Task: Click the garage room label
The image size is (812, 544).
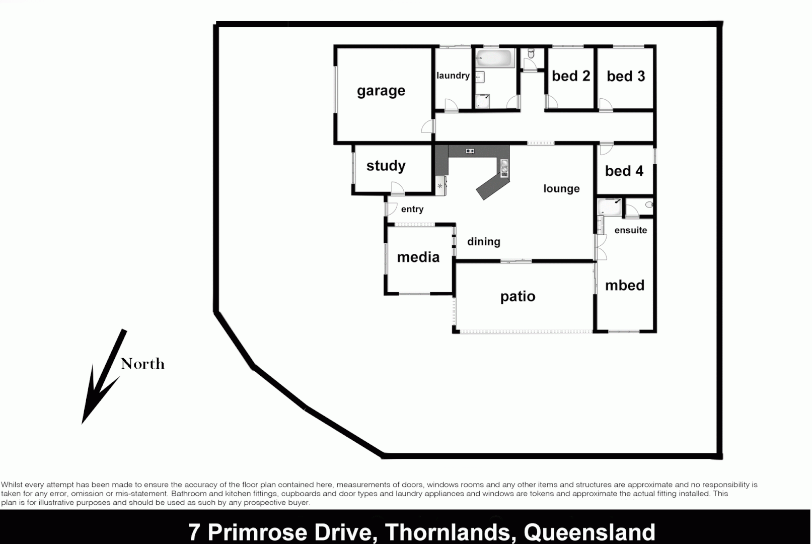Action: (381, 91)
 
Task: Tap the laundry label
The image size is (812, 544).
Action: (453, 76)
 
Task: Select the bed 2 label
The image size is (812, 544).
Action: (570, 76)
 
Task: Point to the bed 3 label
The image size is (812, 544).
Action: (625, 76)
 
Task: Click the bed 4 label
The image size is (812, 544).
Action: (624, 171)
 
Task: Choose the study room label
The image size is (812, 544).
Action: (386, 166)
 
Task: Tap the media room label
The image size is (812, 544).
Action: (418, 257)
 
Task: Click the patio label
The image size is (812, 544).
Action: (518, 297)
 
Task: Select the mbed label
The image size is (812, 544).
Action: (624, 286)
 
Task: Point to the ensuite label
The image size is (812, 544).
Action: (630, 230)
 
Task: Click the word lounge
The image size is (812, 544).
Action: (561, 189)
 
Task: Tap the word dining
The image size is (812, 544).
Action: (483, 242)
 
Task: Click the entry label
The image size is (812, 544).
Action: (412, 209)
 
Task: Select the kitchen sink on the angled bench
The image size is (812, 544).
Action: (504, 168)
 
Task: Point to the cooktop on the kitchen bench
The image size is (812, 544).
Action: (470, 151)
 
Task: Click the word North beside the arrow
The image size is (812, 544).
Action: (142, 364)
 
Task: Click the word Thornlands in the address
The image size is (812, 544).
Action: (448, 532)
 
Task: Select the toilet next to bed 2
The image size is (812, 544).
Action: (531, 53)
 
